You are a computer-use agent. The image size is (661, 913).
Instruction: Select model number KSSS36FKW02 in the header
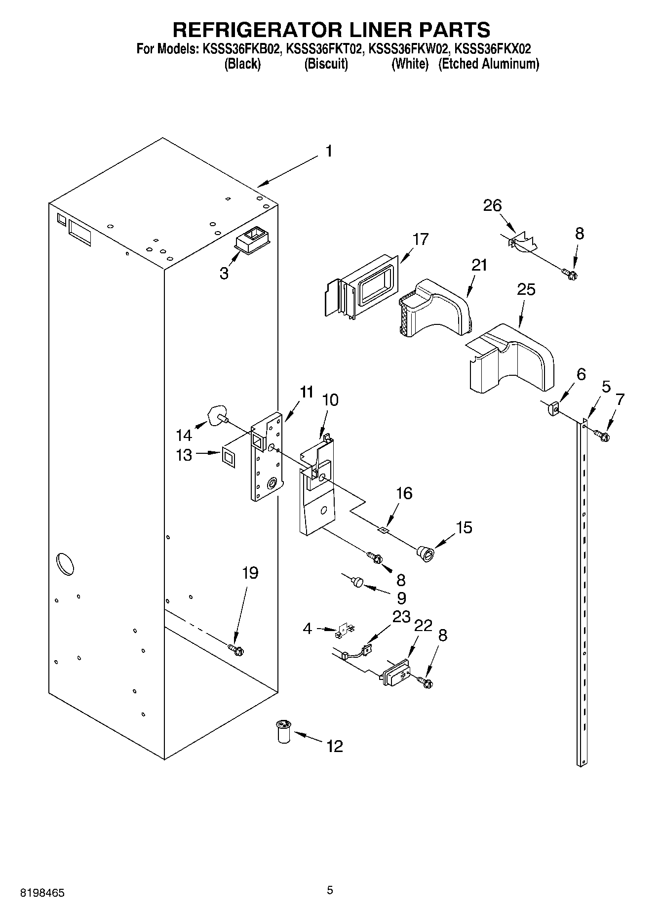pos(409,49)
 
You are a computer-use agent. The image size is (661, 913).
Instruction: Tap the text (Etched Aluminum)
pos(488,64)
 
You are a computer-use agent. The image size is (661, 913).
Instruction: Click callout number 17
pos(421,239)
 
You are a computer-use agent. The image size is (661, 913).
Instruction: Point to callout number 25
pos(526,289)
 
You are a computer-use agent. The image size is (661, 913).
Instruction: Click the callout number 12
pos(334,746)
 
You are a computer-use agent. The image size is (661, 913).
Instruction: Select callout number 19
pos(250,573)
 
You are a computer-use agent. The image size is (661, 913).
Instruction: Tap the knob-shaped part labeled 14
pos(217,415)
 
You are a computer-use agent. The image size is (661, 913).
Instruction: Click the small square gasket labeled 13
pos(229,455)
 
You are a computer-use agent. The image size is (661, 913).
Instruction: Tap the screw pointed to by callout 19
pos(236,650)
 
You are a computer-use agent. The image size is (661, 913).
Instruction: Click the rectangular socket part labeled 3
pos(253,240)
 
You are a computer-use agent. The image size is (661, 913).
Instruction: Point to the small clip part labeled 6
pos(553,409)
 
